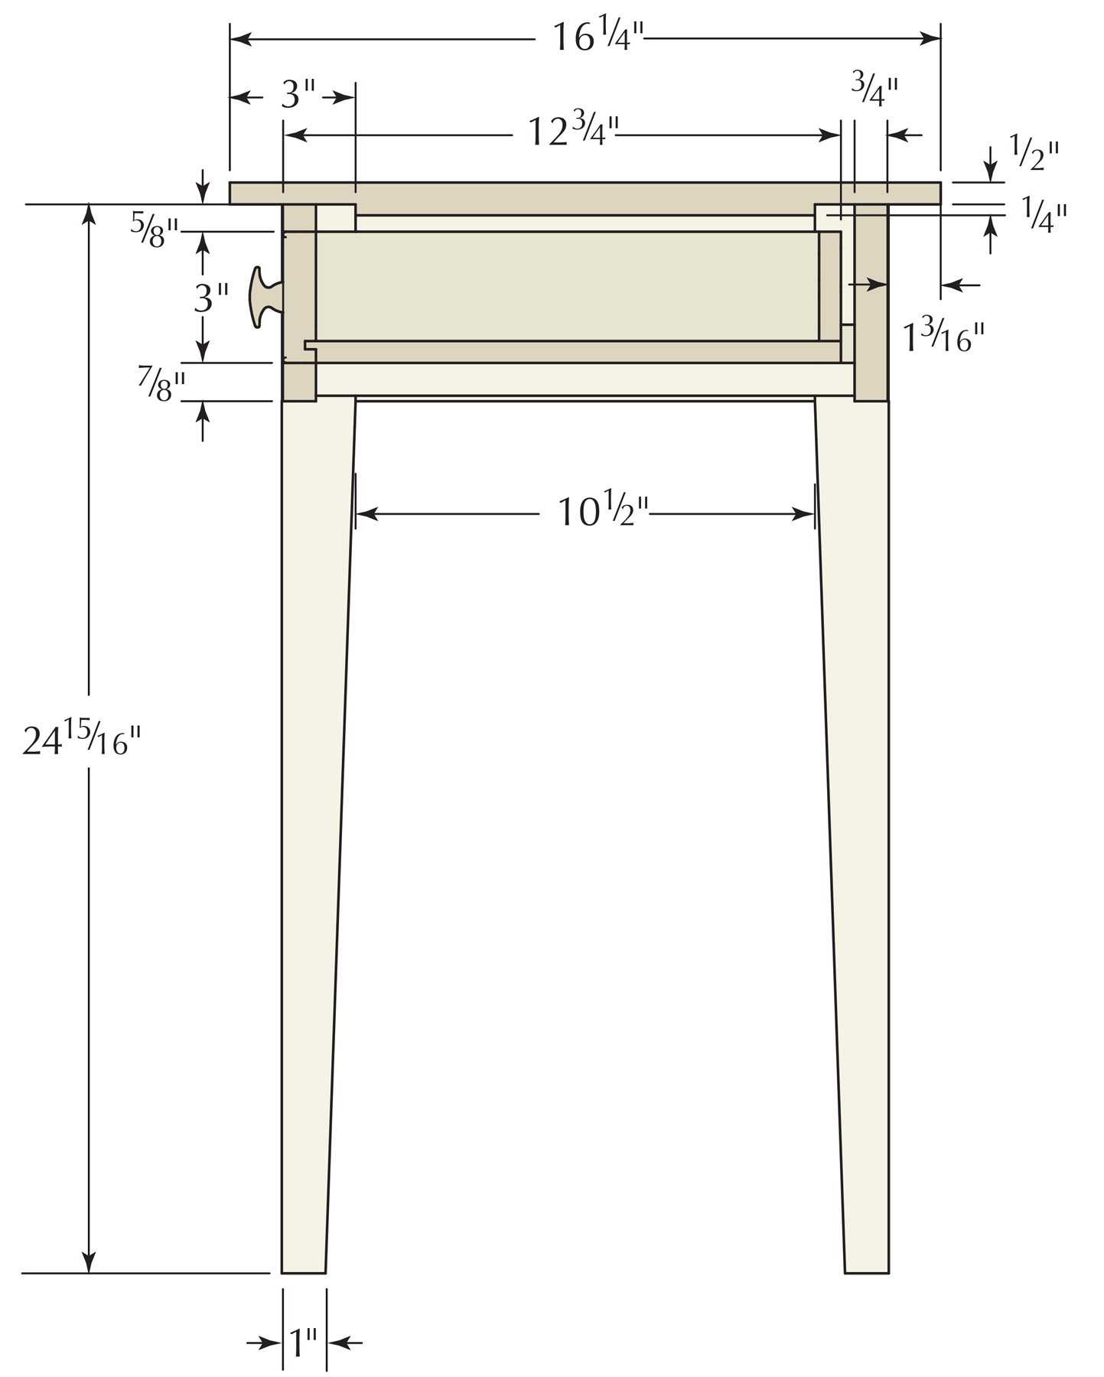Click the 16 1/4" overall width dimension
click(x=598, y=37)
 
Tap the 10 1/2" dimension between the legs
click(x=603, y=512)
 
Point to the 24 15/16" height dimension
click(x=82, y=740)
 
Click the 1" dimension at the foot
click(x=303, y=1341)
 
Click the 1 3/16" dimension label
click(x=943, y=337)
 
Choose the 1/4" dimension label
click(x=1044, y=215)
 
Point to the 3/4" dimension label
click(x=874, y=90)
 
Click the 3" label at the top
click(x=298, y=96)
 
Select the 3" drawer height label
click(x=211, y=298)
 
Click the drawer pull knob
click(x=263, y=297)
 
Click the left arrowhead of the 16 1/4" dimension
click(x=239, y=38)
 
